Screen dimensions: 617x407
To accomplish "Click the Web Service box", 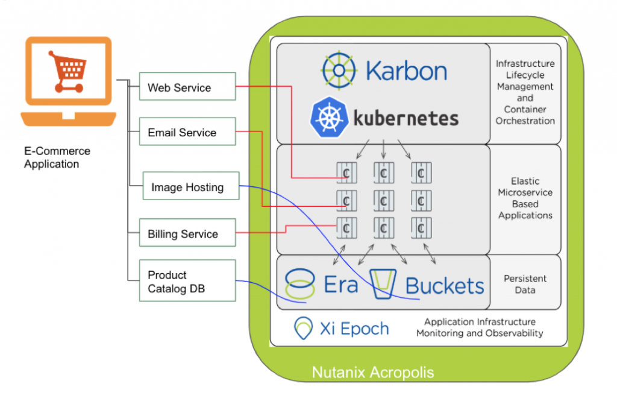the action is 187,87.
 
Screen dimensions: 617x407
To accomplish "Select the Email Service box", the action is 187,131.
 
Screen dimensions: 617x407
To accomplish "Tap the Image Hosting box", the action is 191,186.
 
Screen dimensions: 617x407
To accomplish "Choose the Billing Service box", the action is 187,233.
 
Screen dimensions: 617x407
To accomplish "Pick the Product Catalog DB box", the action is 187,280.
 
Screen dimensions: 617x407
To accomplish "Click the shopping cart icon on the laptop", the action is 67,71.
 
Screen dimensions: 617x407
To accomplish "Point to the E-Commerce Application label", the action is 57,157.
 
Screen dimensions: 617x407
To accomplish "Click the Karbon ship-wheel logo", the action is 339,71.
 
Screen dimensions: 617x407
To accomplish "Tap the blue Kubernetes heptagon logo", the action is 329,118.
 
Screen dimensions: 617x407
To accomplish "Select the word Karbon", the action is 407,71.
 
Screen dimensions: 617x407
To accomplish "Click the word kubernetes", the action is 406,118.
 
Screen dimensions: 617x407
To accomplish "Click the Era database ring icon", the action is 300,285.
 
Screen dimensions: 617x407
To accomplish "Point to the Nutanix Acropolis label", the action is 372,373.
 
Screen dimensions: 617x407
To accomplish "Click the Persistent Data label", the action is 525,284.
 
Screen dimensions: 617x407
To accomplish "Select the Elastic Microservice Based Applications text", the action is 525,198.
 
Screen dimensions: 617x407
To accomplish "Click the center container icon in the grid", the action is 384,201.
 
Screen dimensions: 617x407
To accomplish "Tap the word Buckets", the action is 445,285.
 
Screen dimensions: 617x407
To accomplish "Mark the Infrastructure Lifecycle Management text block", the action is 525,92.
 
